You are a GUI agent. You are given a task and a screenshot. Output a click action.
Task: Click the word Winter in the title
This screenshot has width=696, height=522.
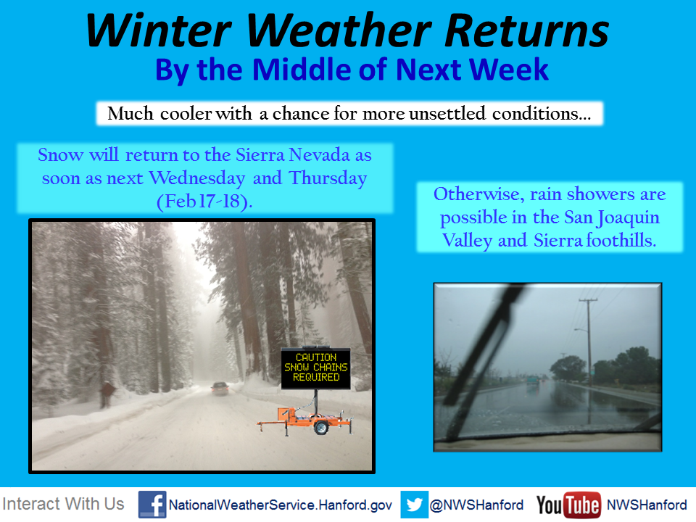159,30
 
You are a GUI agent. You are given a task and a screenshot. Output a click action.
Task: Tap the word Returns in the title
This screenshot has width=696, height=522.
527,30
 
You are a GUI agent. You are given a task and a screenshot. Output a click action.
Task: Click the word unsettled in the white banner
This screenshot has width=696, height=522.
447,114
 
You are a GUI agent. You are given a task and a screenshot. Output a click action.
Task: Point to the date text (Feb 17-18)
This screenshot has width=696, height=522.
204,202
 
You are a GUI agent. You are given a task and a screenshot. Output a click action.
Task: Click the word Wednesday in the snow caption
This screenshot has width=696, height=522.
197,178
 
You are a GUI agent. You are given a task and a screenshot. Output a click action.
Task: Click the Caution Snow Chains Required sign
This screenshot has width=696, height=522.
315,368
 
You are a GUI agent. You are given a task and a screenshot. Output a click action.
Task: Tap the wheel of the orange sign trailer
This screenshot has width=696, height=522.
321,428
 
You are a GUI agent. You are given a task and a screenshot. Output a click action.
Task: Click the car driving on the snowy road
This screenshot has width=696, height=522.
220,388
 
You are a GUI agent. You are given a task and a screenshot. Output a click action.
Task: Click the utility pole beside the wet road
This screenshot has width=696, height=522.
589,341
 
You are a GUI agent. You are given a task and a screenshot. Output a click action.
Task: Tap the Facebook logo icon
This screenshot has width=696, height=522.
152,505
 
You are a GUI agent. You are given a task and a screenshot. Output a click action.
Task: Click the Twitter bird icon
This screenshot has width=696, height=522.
414,505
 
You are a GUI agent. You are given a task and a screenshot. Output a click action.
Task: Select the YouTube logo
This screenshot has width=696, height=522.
568,505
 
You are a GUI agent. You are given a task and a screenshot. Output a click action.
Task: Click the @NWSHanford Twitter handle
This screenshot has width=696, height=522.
476,505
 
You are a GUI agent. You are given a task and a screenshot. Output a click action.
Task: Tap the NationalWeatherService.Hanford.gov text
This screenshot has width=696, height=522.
280,505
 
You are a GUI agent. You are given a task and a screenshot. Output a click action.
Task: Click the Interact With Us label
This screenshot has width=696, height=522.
63,505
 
